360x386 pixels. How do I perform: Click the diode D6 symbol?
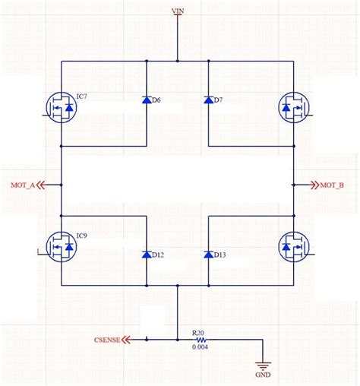146,100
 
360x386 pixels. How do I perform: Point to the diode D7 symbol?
208,100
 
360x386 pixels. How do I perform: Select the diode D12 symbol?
146,255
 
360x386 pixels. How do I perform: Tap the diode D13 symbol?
208,255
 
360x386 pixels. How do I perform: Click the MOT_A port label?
23,185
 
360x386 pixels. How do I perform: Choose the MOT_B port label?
331,185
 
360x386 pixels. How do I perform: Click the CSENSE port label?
107,340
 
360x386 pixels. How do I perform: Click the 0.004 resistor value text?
200,348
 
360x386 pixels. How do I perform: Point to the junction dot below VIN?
177,61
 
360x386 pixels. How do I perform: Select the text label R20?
198,332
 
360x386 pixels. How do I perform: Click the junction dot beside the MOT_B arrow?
293,185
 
